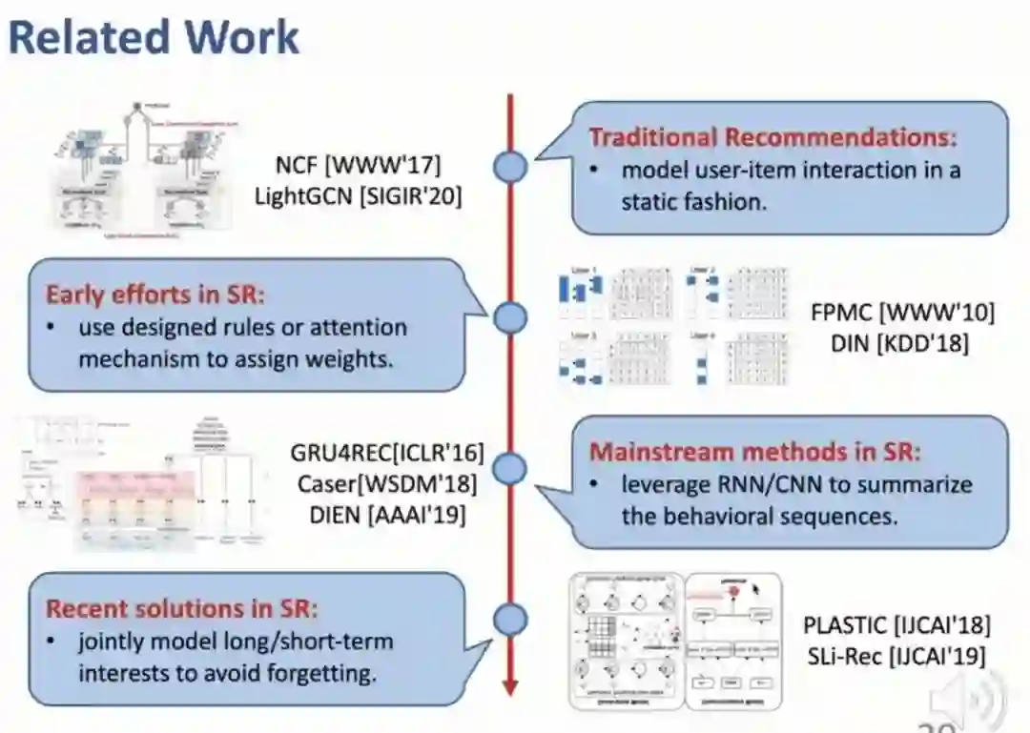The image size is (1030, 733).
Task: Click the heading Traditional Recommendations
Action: pyautogui.click(x=772, y=136)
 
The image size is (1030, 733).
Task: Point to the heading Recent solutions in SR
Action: pyautogui.click(x=181, y=607)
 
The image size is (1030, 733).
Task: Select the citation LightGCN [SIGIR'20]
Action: pyautogui.click(x=358, y=196)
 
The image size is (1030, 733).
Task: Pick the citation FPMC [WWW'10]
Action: pyautogui.click(x=902, y=312)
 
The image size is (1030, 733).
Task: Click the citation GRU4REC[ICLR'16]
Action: pyautogui.click(x=387, y=453)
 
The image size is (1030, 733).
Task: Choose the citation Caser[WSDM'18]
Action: pyautogui.click(x=387, y=483)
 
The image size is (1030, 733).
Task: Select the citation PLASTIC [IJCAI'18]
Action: pyautogui.click(x=896, y=625)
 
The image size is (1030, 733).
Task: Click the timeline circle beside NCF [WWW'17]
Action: pyautogui.click(x=510, y=168)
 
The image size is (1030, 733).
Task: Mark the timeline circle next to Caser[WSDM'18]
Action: pyautogui.click(x=510, y=468)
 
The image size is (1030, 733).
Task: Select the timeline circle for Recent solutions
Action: pyautogui.click(x=510, y=620)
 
